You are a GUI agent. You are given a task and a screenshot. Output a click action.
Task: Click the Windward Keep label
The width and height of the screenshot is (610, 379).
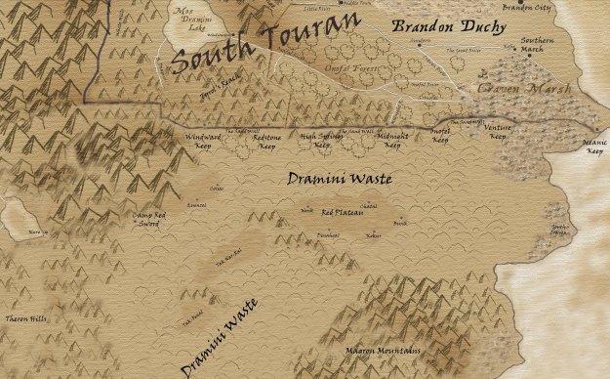coord(203,143)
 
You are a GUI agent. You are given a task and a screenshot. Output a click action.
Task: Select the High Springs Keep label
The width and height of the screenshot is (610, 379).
coord(322,143)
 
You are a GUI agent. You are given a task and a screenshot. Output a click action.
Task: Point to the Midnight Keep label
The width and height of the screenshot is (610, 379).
coord(392,142)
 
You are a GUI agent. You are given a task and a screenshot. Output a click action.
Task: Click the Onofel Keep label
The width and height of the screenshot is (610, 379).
coord(441,136)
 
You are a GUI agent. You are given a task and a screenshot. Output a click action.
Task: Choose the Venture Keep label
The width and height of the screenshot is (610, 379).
coord(498,133)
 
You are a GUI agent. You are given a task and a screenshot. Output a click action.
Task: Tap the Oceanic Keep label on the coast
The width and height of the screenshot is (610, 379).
coord(593,147)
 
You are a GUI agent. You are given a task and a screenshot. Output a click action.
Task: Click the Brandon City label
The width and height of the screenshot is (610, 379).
coord(526,6)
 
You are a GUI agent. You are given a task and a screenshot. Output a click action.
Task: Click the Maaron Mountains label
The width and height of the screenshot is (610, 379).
coord(384,350)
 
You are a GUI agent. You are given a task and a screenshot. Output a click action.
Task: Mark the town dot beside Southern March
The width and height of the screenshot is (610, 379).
coord(530,56)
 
